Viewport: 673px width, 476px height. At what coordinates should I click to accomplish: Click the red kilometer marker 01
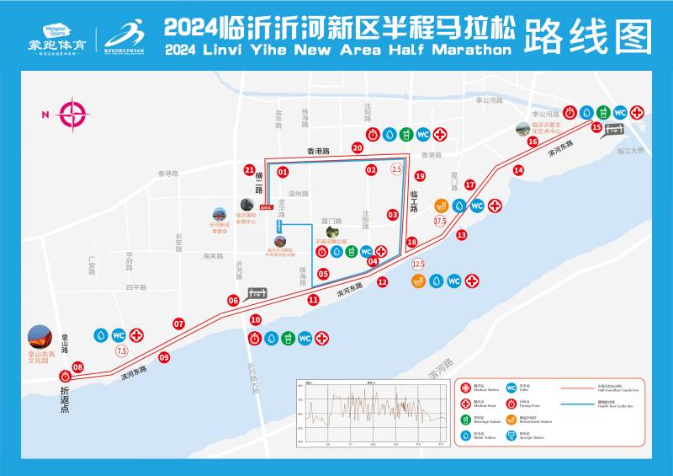click(x=283, y=172)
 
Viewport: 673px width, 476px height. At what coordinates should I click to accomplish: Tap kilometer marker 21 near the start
click(x=249, y=170)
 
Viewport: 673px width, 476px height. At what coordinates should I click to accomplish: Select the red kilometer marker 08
click(x=78, y=367)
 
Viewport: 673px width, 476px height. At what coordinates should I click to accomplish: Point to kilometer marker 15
click(x=596, y=128)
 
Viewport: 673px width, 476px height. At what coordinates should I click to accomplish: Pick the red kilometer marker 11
click(x=313, y=299)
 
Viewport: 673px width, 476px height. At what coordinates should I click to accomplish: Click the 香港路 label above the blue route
click(x=318, y=152)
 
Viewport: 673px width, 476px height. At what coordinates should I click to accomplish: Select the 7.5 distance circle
click(x=121, y=351)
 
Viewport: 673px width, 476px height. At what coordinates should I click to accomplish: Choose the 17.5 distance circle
click(x=439, y=221)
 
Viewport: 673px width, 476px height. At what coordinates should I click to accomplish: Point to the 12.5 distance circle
click(x=418, y=264)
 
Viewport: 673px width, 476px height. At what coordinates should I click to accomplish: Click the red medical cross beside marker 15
click(x=638, y=112)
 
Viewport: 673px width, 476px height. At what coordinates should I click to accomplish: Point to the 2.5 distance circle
click(x=397, y=169)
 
